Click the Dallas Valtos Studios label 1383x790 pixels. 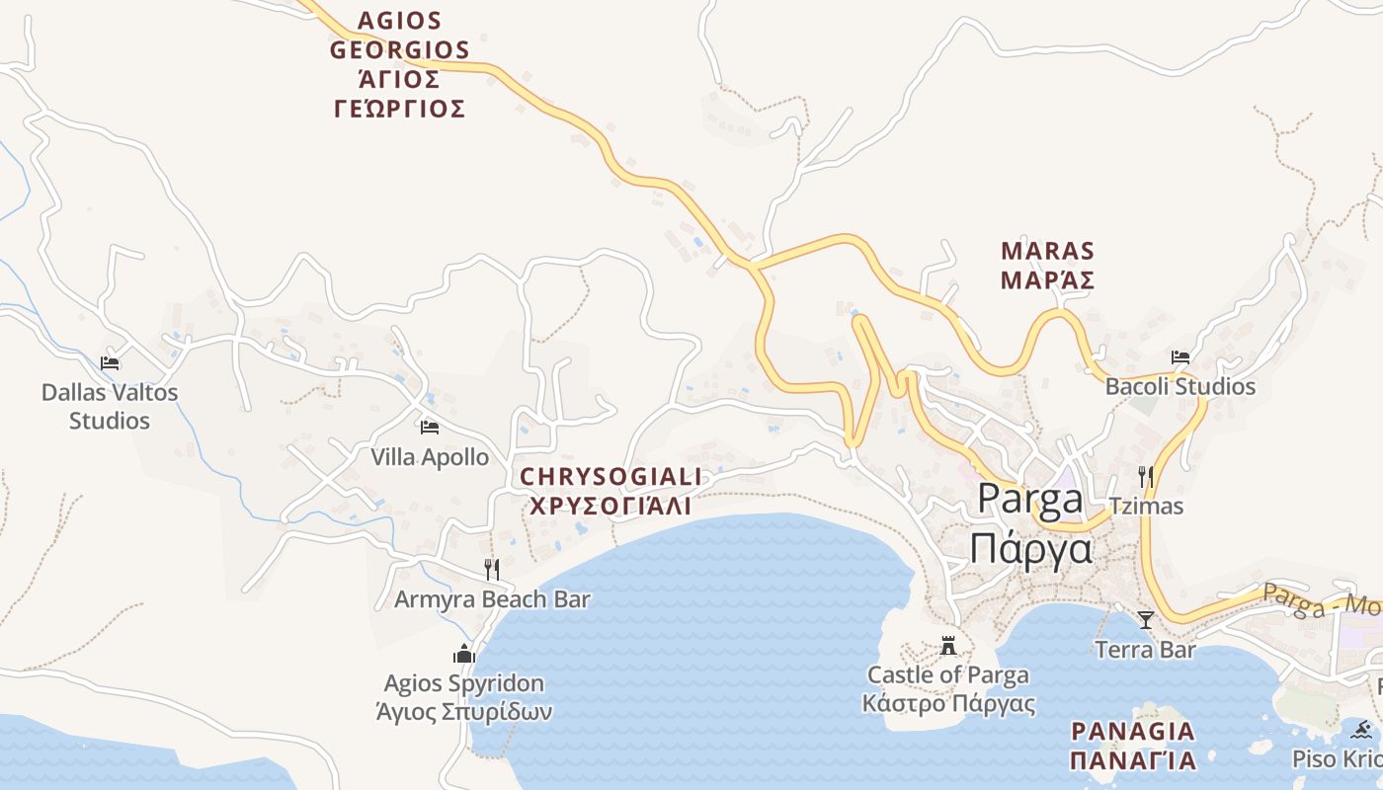(x=110, y=406)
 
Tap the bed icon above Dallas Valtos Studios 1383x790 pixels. (x=110, y=363)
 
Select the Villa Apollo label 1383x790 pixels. (x=430, y=457)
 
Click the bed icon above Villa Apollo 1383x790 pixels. (x=430, y=427)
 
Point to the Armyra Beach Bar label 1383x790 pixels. (x=492, y=599)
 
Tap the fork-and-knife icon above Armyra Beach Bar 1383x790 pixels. (x=492, y=569)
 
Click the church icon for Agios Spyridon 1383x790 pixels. (x=464, y=654)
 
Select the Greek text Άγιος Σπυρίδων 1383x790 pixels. (x=464, y=711)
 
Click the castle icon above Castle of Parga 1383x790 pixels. (x=948, y=647)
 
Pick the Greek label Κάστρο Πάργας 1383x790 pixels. (x=948, y=704)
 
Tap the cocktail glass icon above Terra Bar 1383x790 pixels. (x=1146, y=620)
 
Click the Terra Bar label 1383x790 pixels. (x=1146, y=650)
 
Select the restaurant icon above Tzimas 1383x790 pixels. (x=1146, y=477)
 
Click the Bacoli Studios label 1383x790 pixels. (x=1180, y=386)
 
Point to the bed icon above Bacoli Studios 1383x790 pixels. (x=1180, y=356)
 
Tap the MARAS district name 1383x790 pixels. (x=1047, y=251)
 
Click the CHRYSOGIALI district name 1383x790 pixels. (x=610, y=477)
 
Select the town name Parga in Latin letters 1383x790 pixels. (x=1030, y=500)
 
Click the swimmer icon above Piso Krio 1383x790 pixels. (x=1363, y=731)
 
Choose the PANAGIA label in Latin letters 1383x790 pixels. (x=1133, y=732)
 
